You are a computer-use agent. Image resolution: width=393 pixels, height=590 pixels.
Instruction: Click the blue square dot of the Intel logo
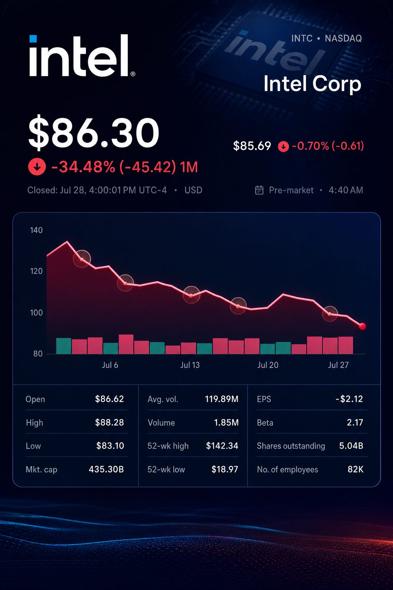tap(33, 38)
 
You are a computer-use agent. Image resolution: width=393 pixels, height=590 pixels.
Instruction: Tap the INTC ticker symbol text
tap(302, 38)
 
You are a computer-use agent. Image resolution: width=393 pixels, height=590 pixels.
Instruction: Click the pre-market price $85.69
tap(252, 146)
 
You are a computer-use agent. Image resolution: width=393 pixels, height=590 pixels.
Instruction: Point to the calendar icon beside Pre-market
tap(259, 190)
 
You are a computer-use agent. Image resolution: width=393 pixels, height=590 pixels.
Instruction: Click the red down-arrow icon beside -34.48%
tap(37, 167)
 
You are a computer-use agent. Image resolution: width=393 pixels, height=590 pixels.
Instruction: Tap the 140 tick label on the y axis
tap(36, 230)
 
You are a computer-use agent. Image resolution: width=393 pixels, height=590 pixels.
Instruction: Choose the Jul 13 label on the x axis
tap(190, 365)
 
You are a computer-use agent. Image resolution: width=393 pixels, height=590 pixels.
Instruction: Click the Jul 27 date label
tap(338, 365)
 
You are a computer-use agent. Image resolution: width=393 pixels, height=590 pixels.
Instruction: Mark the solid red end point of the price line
tap(362, 326)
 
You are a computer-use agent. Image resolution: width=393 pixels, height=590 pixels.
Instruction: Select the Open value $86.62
tap(109, 399)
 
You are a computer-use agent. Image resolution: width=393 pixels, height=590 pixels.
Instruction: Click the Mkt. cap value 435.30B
tap(106, 469)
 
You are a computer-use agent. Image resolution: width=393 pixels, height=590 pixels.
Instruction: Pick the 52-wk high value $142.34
tap(222, 446)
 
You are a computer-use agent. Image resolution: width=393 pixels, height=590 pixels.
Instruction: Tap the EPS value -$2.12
tap(349, 399)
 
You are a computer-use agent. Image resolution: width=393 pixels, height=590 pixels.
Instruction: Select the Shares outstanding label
tap(291, 446)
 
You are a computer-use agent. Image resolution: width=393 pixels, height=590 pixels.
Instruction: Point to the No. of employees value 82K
tap(355, 469)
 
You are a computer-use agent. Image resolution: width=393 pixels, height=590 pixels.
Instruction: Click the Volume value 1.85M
tap(226, 423)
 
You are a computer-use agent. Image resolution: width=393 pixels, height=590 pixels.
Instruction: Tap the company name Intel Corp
tap(312, 84)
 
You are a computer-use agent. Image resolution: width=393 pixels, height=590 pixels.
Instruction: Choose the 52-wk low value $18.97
tap(225, 469)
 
